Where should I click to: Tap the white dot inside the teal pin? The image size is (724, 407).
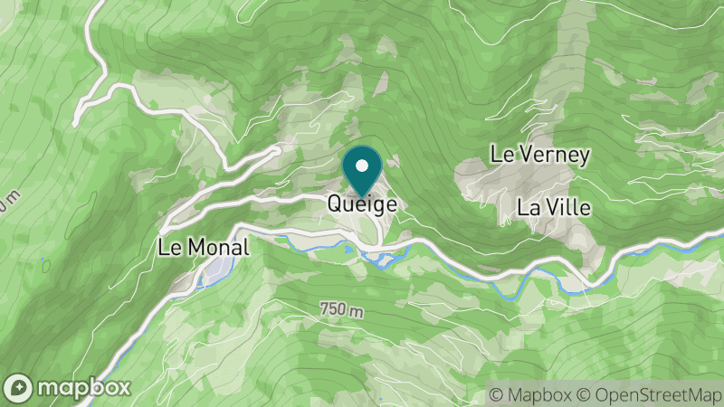click(362, 166)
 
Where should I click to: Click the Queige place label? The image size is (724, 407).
click(362, 205)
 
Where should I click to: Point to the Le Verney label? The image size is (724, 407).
click(539, 155)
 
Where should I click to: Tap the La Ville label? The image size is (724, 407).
click(554, 207)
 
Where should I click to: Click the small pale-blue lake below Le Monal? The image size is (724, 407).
click(215, 270)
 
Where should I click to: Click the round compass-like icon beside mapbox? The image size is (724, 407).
click(20, 387)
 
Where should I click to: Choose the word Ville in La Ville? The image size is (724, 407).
click(568, 207)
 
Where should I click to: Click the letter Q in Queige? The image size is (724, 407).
click(335, 205)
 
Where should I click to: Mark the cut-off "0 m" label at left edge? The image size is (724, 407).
click(8, 201)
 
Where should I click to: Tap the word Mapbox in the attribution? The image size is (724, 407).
click(537, 394)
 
